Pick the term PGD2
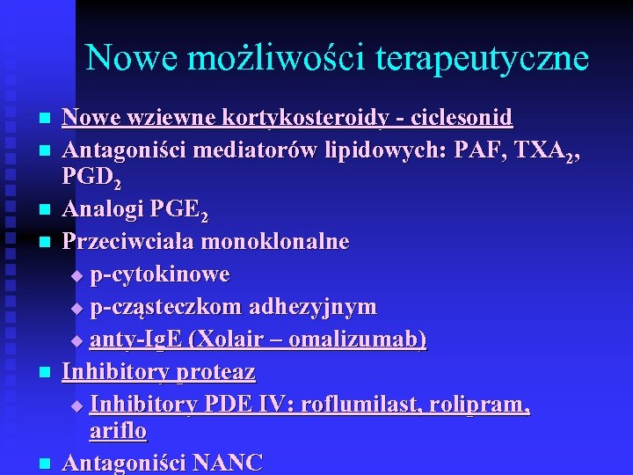[x=91, y=179]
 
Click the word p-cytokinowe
[x=159, y=274]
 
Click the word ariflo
[x=118, y=431]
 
